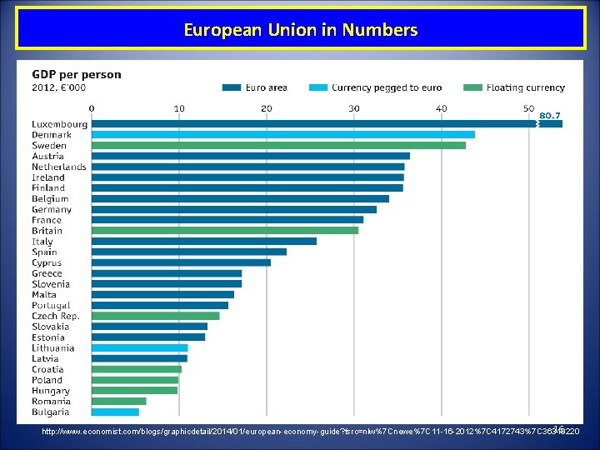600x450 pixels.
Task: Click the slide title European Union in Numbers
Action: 300,30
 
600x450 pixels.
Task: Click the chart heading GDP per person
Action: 77,74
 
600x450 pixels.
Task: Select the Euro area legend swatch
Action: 232,87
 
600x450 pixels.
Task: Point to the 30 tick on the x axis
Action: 353,107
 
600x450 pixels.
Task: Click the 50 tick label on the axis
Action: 528,107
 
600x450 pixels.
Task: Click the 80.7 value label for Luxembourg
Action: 549,115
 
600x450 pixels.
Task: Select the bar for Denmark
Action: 282,134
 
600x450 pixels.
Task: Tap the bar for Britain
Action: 224,230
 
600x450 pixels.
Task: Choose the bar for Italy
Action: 203,241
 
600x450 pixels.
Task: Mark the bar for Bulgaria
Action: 115,412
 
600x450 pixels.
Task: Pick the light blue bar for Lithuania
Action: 139,347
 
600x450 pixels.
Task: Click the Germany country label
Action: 52,209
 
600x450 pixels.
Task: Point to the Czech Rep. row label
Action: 56,316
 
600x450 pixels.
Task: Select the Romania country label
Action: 52,401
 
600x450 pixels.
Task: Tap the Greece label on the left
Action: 47,273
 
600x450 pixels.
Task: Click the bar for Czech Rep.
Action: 155,316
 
